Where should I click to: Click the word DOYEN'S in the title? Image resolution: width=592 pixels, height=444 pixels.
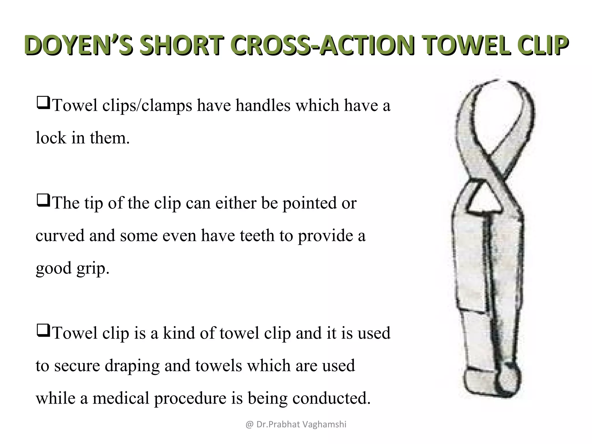click(78, 45)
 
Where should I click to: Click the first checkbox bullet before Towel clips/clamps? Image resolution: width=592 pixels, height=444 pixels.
click(43, 103)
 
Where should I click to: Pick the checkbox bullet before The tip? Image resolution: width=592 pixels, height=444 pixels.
click(43, 201)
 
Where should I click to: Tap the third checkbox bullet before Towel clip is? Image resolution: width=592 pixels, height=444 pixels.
click(43, 331)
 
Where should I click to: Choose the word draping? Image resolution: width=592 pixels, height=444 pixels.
click(132, 366)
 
